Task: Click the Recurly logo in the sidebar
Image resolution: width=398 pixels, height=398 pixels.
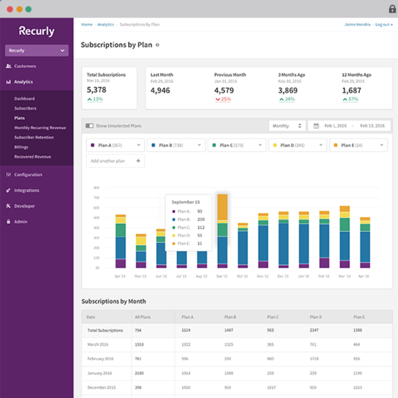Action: click(x=37, y=31)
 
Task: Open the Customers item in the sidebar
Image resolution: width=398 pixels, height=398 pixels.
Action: click(x=25, y=66)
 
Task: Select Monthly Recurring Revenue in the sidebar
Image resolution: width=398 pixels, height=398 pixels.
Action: click(x=40, y=128)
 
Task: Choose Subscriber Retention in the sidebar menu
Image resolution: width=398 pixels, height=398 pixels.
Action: click(x=34, y=137)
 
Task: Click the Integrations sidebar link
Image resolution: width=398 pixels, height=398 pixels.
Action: click(x=26, y=191)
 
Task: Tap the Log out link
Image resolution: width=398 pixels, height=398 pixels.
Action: click(x=383, y=25)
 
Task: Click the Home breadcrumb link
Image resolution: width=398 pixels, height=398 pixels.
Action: click(x=86, y=25)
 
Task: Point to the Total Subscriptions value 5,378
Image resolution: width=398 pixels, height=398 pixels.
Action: click(x=96, y=90)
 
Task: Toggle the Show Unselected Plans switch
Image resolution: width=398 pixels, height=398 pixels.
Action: click(x=90, y=126)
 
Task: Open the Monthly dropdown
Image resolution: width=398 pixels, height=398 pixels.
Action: click(x=287, y=126)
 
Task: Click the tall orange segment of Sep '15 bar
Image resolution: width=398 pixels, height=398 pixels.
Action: click(x=222, y=207)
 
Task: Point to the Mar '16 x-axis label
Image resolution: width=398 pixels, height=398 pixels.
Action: click(x=344, y=276)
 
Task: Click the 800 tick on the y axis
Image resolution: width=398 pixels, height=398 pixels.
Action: click(x=96, y=187)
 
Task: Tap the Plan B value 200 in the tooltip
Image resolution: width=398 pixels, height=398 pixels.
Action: click(x=200, y=219)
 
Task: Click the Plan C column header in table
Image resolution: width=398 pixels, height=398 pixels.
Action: click(x=273, y=316)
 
